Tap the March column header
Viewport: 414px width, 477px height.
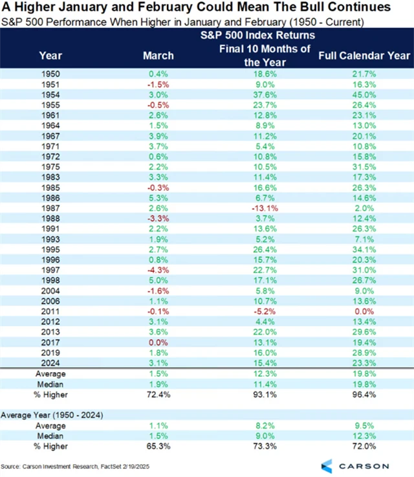pos(158,56)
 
